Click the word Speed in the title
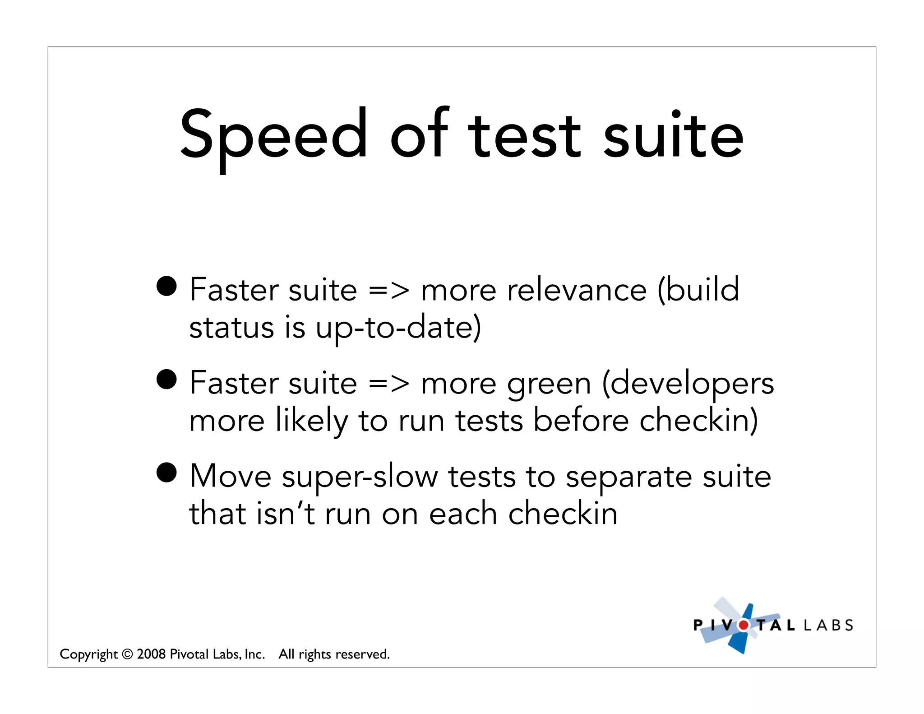(x=273, y=135)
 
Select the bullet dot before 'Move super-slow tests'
(x=166, y=473)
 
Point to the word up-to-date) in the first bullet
(x=398, y=328)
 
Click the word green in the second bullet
(x=549, y=384)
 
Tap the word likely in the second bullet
(x=311, y=421)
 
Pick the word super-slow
(x=360, y=477)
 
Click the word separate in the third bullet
(x=628, y=477)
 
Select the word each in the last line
(x=463, y=514)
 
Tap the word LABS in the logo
(x=828, y=626)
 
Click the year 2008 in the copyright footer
(x=151, y=654)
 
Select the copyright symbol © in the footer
(x=127, y=654)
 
